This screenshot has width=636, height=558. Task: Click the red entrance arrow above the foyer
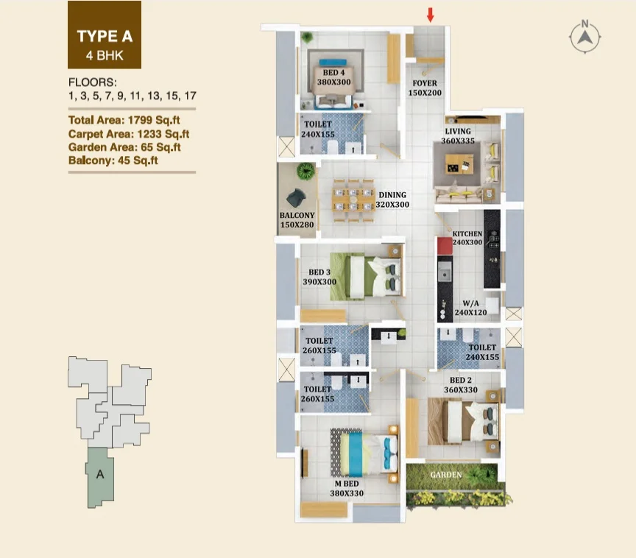(x=431, y=15)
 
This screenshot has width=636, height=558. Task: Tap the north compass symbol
(x=584, y=38)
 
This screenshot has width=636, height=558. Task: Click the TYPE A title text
(x=105, y=37)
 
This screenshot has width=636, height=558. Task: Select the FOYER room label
(x=425, y=83)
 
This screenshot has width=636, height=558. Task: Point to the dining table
(x=353, y=200)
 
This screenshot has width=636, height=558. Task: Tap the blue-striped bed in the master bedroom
(x=364, y=453)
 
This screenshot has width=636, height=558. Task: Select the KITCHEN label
(x=467, y=234)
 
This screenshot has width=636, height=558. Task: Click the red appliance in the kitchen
(x=445, y=246)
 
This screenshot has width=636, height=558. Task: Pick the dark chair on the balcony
(x=296, y=198)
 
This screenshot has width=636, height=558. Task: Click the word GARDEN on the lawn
(x=446, y=475)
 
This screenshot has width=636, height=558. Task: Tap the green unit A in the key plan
(x=100, y=477)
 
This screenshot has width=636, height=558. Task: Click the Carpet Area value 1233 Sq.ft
(x=163, y=134)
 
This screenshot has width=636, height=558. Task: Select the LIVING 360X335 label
(x=458, y=136)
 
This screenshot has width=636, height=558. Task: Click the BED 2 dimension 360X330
(x=461, y=389)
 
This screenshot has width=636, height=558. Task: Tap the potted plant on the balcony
(x=305, y=171)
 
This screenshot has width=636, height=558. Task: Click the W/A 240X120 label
(x=470, y=308)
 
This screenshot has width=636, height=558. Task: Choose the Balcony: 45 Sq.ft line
(x=113, y=160)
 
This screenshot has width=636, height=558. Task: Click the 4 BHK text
(x=105, y=55)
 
